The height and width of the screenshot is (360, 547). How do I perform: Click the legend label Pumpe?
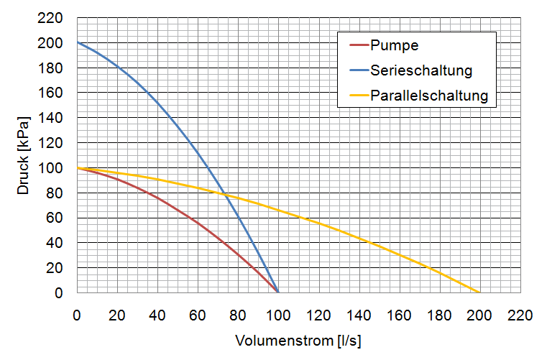tap(395, 46)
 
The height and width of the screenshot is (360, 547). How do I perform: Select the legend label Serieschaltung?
tap(421, 70)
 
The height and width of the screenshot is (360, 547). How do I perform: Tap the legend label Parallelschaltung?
tap(430, 95)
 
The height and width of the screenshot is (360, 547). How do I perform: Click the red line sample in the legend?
tap(357, 46)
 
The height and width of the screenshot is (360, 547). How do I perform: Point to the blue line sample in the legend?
tap(357, 70)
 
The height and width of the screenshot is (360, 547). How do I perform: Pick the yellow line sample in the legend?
tap(357, 95)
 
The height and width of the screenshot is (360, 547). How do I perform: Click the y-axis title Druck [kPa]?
tap(24, 154)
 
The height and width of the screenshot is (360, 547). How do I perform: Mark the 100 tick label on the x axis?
tap(278, 315)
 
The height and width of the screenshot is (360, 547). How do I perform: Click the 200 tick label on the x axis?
tap(479, 315)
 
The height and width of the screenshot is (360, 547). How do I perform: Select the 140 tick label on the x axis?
tap(359, 315)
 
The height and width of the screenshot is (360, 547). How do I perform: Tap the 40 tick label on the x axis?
tap(157, 315)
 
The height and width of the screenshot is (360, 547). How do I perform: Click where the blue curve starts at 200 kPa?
tap(77, 43)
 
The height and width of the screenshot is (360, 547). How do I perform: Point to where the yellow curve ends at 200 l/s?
tap(479, 292)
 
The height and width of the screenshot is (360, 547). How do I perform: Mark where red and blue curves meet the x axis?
tap(278, 292)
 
